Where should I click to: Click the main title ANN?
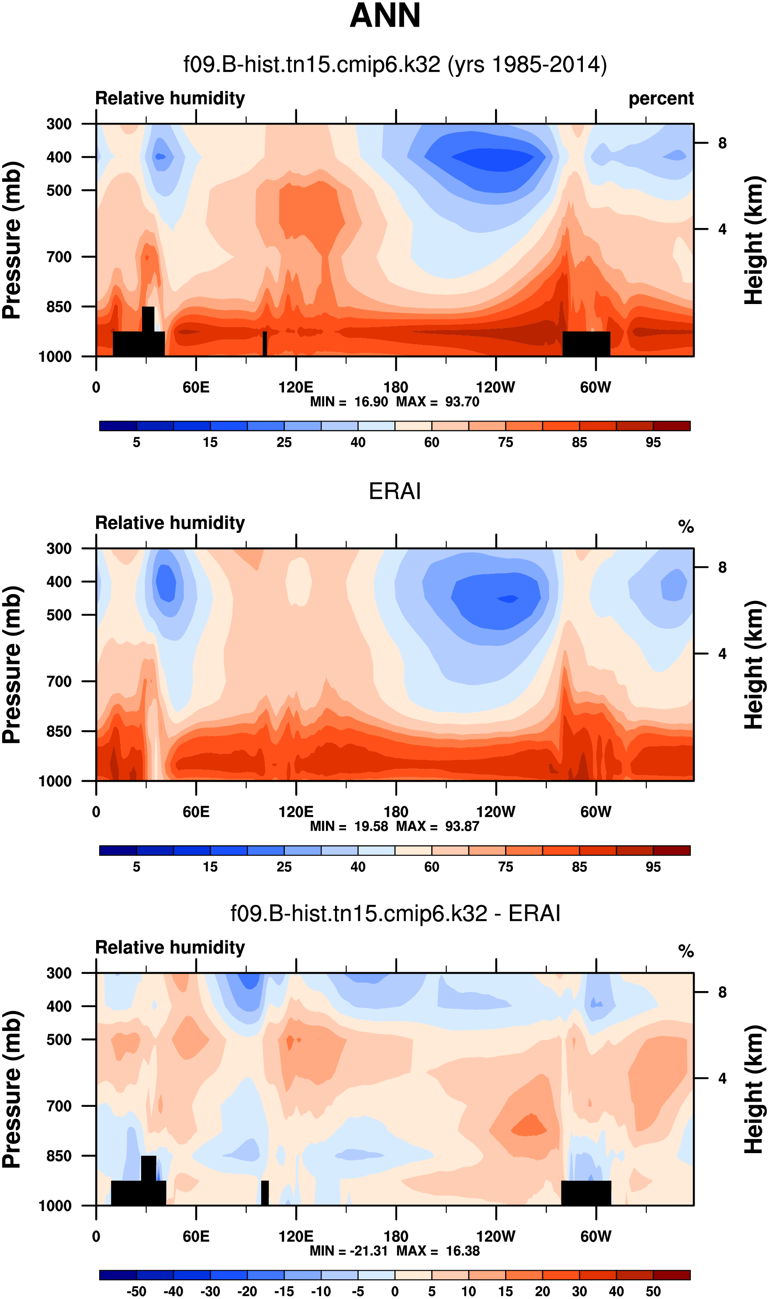point(385,16)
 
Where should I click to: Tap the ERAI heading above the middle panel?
point(395,491)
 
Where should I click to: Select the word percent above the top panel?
point(661,98)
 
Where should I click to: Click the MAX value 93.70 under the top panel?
point(462,402)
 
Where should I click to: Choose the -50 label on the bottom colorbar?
point(136,1291)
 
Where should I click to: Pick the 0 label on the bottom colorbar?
point(395,1291)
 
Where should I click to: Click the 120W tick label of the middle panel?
point(496,812)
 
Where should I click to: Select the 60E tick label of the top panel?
point(196,387)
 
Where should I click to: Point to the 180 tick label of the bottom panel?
point(396,1237)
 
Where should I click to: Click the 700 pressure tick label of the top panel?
point(59,256)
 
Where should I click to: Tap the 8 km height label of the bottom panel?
point(722,992)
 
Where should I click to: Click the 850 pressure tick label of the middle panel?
point(59,731)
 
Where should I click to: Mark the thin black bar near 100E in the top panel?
point(265,343)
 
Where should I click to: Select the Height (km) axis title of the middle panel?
point(754,666)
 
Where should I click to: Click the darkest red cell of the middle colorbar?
point(672,850)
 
